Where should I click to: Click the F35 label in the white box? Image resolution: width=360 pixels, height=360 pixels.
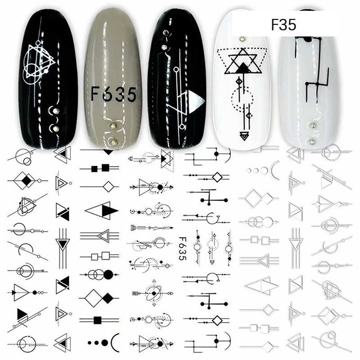click(x=283, y=25)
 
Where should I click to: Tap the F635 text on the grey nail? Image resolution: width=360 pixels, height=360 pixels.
click(x=114, y=94)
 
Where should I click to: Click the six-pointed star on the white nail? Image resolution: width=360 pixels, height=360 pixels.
click(x=243, y=61)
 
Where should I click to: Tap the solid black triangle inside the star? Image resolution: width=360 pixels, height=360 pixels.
click(x=243, y=68)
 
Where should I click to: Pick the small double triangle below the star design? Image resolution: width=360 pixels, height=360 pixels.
click(x=243, y=136)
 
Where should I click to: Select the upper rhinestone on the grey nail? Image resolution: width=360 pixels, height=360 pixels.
click(x=113, y=126)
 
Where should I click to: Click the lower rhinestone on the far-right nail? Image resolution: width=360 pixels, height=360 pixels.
click(x=312, y=142)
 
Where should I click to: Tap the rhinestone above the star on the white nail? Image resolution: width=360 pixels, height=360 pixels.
click(x=242, y=40)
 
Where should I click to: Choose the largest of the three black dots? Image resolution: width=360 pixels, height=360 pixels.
click(x=105, y=342)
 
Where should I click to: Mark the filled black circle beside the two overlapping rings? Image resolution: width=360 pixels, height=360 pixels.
click(x=108, y=274)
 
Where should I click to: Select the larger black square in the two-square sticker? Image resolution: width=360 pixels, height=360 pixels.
click(x=105, y=168)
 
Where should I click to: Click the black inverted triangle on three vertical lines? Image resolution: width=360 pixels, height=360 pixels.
click(x=63, y=244)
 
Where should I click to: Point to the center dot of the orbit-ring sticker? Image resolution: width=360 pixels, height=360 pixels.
click(x=154, y=293)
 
